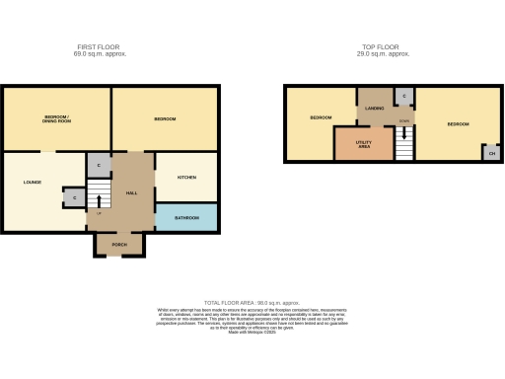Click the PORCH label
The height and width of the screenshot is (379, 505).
(119, 244)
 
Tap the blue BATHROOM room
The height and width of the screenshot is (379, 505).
(186, 218)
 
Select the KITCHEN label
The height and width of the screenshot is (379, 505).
(186, 178)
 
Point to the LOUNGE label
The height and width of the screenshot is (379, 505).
(33, 183)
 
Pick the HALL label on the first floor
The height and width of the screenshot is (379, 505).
(130, 192)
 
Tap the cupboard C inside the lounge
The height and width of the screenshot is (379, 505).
(75, 198)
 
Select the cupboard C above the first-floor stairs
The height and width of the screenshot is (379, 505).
(100, 165)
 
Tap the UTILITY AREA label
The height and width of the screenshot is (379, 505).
(363, 144)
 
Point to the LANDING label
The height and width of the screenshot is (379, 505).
(374, 109)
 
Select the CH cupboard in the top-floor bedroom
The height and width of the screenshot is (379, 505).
(490, 152)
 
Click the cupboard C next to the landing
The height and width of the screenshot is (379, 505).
(402, 96)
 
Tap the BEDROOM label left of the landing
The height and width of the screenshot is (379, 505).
(321, 117)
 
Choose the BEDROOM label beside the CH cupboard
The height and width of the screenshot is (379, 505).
(458, 124)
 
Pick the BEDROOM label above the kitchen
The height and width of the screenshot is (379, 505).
(165, 119)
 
